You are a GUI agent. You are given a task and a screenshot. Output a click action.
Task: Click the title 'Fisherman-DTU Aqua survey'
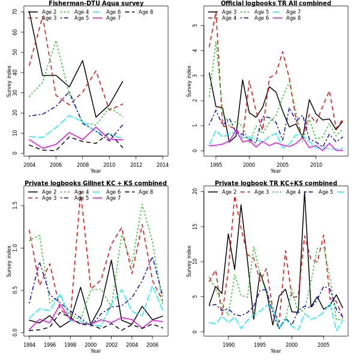(96, 4)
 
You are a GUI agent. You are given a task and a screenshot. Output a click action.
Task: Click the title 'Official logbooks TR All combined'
(275, 4)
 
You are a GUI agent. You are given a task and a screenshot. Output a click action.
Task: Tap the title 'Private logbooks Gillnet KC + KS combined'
(96, 184)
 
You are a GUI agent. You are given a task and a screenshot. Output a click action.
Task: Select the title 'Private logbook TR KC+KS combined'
(275, 184)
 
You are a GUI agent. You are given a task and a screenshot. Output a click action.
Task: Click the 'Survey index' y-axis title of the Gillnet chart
(9, 260)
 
